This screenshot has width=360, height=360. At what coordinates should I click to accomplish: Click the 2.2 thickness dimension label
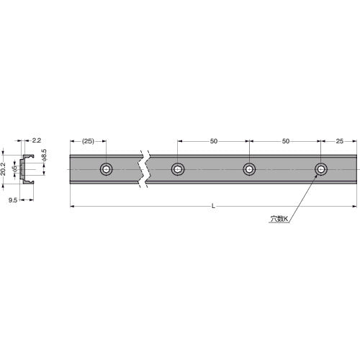[x=37, y=140]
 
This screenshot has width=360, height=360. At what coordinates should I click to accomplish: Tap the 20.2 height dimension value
[x=3, y=169]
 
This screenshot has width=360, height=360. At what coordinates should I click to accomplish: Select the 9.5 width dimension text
[x=13, y=200]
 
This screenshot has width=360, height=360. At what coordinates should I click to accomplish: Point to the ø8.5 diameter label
[x=44, y=155]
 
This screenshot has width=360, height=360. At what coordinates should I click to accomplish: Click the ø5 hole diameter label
[x=15, y=168]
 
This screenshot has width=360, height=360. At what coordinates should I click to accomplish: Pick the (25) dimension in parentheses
[x=88, y=141]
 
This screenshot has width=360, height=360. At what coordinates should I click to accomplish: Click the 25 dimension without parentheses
[x=339, y=141]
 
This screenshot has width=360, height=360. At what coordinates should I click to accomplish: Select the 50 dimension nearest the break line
[x=214, y=141]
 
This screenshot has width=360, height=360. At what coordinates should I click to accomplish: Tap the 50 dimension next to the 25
[x=286, y=141]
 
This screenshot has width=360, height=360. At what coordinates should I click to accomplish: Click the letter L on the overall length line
[x=213, y=206]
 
